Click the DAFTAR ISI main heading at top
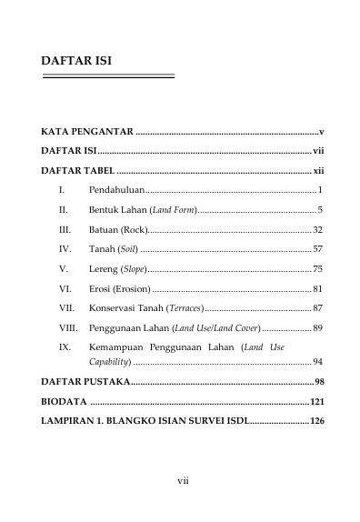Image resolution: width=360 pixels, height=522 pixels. (x=76, y=61)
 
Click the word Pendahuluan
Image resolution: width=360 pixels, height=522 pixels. (x=116, y=190)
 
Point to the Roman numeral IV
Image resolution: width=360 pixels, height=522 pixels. (x=65, y=248)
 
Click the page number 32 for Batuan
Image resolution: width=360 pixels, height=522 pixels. (x=317, y=229)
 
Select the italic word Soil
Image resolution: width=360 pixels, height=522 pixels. (x=126, y=248)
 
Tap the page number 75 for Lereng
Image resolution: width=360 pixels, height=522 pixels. (x=317, y=268)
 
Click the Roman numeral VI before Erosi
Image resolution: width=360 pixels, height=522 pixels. (x=65, y=288)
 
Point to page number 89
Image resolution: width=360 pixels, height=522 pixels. (x=317, y=327)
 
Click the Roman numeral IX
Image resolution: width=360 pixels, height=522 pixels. (x=65, y=347)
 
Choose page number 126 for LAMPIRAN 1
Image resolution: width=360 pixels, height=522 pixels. (x=315, y=421)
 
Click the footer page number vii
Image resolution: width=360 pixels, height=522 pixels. (x=182, y=479)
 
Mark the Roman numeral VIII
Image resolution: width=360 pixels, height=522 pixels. (x=68, y=327)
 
